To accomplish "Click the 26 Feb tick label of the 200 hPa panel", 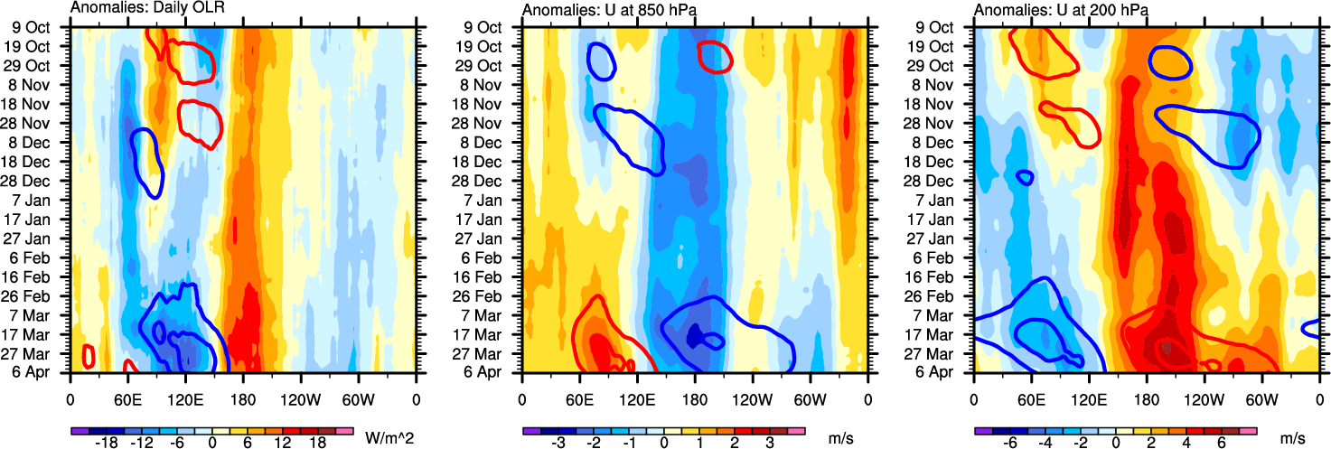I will click(941, 295).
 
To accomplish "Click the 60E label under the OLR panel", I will click(127, 398).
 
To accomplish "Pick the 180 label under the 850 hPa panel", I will click(695, 398).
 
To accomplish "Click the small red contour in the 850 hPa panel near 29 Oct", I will click(715, 56).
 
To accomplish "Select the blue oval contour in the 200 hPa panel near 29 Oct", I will click(1170, 62).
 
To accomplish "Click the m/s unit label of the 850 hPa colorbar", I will click(840, 438).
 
